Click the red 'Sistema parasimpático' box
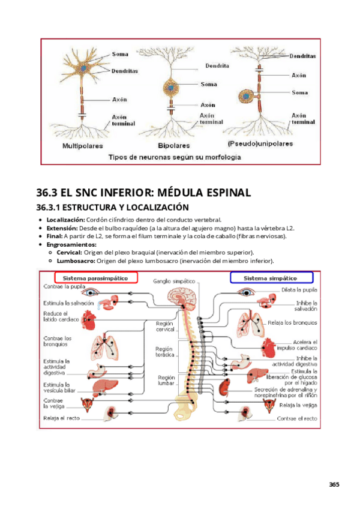coord(96,278)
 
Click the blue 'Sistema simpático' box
coord(272,278)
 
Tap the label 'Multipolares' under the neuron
coord(82,145)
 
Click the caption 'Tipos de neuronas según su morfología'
coord(174,157)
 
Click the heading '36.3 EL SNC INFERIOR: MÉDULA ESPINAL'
coord(143,193)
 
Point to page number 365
coord(334,485)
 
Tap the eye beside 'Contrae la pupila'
coord(92,292)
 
